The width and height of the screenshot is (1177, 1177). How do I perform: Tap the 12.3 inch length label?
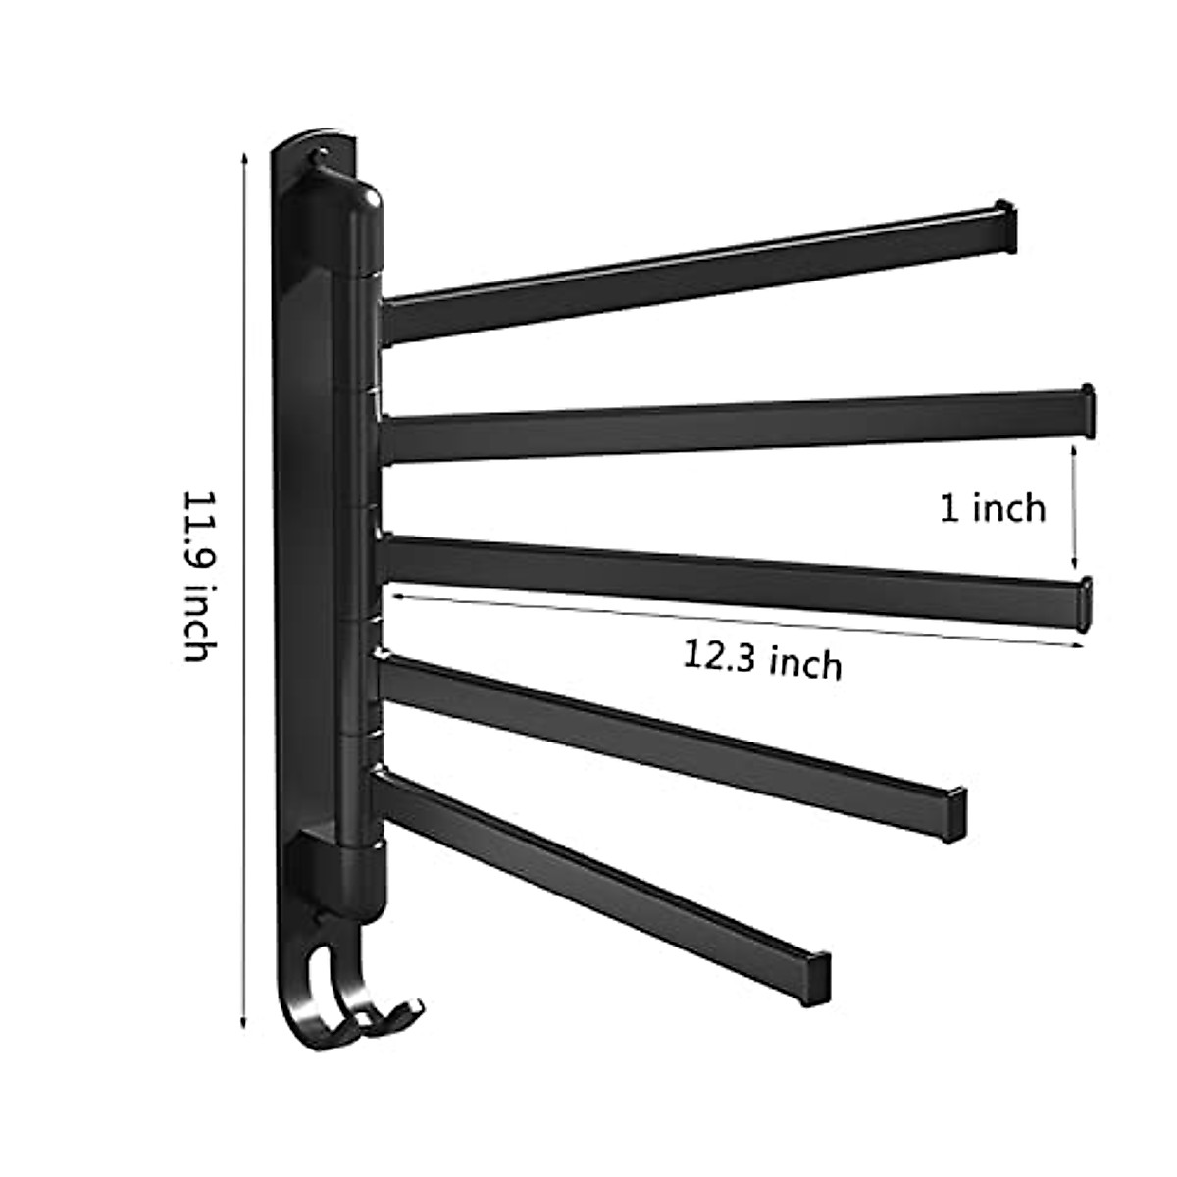pyautogui.click(x=763, y=661)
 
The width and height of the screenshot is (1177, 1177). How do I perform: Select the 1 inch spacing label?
pyautogui.click(x=993, y=508)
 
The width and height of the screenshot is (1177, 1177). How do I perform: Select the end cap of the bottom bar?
pyautogui.click(x=818, y=977)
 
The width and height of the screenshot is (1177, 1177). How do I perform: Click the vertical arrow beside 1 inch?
pyautogui.click(x=1076, y=508)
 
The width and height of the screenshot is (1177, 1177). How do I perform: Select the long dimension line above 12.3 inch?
pyautogui.click(x=736, y=618)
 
